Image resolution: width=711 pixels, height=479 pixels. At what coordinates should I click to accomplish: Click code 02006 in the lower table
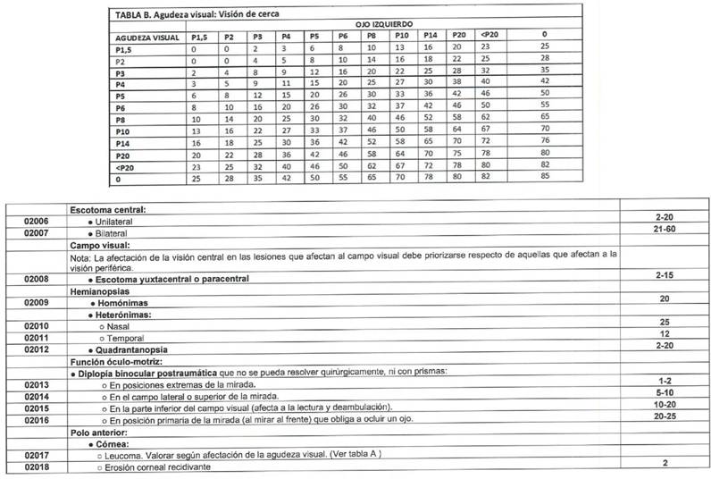click(x=36, y=221)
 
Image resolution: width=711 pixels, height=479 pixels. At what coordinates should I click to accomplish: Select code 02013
click(x=36, y=384)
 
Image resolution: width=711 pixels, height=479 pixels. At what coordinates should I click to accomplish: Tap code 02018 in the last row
click(x=36, y=466)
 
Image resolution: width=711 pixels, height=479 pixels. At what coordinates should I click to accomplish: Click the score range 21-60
click(x=665, y=231)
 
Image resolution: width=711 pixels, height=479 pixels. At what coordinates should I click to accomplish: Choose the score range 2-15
click(x=665, y=275)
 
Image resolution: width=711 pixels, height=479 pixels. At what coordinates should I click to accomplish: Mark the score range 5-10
click(x=665, y=391)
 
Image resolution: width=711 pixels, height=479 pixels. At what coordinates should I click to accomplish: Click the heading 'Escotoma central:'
click(x=109, y=209)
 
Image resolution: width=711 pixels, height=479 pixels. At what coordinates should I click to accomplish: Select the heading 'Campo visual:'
click(x=101, y=243)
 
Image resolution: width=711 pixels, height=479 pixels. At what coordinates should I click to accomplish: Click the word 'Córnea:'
click(x=115, y=442)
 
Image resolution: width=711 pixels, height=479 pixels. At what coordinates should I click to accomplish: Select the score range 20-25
click(x=665, y=416)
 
